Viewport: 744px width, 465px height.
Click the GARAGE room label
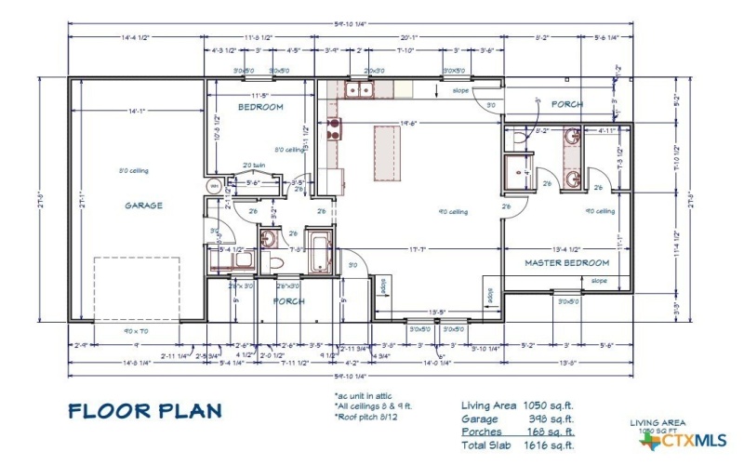click(x=143, y=206)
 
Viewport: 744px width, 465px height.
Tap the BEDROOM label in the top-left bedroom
click(x=259, y=108)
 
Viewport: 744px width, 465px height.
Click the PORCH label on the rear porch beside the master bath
click(x=566, y=105)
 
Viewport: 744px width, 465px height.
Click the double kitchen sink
click(x=358, y=89)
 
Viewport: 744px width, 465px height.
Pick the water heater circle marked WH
click(x=214, y=185)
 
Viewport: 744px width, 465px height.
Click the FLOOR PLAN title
click(x=145, y=410)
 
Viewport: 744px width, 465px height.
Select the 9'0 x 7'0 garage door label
click(x=136, y=331)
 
